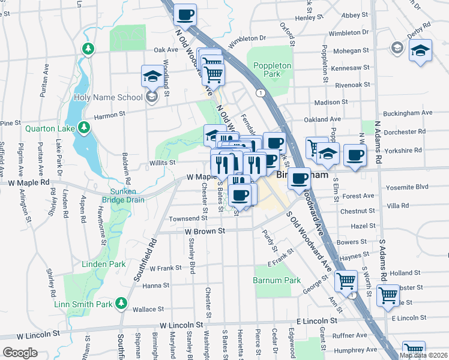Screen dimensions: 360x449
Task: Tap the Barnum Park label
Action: click(276, 280)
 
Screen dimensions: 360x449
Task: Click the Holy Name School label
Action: click(108, 97)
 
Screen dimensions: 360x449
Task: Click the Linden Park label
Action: click(101, 264)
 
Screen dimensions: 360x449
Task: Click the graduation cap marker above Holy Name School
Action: click(151, 76)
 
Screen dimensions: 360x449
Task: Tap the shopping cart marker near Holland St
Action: click(346, 280)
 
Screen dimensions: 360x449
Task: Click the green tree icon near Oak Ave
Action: click(89, 48)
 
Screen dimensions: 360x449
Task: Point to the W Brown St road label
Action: click(204, 231)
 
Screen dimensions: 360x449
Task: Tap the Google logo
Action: click(20, 352)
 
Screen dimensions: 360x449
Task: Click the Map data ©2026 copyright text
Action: click(423, 355)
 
